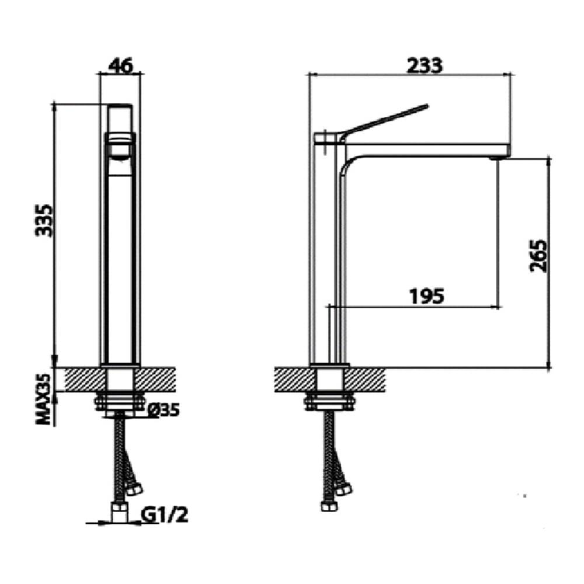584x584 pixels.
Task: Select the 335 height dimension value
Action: tap(44, 220)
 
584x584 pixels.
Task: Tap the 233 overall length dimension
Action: tap(425, 65)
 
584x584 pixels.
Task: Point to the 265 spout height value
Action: tap(538, 256)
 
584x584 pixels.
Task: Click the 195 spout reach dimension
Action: tap(427, 296)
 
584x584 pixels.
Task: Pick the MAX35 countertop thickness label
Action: tap(44, 399)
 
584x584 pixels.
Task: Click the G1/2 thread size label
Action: tap(165, 515)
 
